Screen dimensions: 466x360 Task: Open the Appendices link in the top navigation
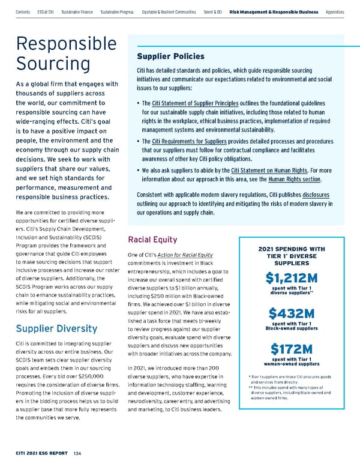335,12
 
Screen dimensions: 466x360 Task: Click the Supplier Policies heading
171,56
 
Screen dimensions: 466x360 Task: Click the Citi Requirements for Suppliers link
192,141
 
